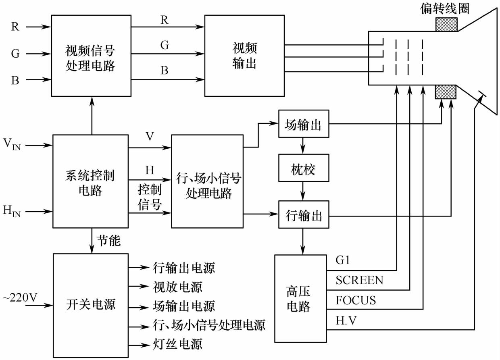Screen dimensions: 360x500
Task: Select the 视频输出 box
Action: pyautogui.click(x=244, y=56)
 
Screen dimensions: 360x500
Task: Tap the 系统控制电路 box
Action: pyautogui.click(x=90, y=181)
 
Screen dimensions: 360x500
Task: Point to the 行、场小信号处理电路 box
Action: pyautogui.click(x=207, y=181)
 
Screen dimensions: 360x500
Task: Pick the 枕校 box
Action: pyautogui.click(x=303, y=169)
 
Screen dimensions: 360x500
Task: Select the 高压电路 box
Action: pyautogui.click(x=300, y=298)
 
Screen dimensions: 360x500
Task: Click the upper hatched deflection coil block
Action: pyautogui.click(x=446, y=25)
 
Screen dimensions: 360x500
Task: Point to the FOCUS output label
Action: pyautogui.click(x=356, y=301)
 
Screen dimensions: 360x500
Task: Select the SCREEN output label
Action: pyautogui.click(x=359, y=280)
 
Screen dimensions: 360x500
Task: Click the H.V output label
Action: pyautogui.click(x=346, y=321)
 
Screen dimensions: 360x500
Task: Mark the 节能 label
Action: pyautogui.click(x=109, y=241)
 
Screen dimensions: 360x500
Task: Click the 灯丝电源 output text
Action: pyautogui.click(x=177, y=344)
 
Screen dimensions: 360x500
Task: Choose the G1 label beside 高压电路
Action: pyautogui.click(x=343, y=260)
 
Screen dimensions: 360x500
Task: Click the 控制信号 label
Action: pyautogui.click(x=150, y=197)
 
